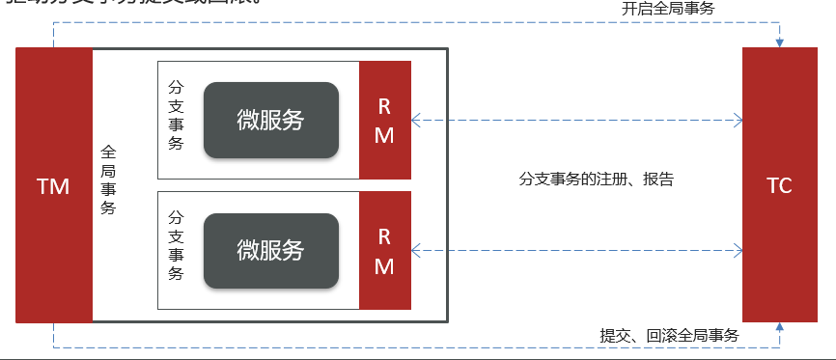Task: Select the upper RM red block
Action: point(384,120)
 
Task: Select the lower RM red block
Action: point(384,251)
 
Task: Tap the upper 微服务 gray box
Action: point(270,121)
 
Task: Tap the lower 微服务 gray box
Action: point(270,251)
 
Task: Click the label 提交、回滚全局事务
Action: point(669,335)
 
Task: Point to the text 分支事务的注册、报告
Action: point(596,179)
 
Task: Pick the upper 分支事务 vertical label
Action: point(176,115)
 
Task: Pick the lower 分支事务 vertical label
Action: point(176,245)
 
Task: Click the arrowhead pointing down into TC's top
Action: point(779,42)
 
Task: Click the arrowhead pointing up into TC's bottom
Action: point(779,328)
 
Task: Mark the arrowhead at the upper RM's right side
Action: point(416,121)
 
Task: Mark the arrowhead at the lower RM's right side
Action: point(416,251)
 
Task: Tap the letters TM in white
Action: point(53,186)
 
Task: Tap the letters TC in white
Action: point(779,186)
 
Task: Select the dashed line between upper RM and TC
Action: point(579,121)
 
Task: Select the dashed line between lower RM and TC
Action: point(579,251)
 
